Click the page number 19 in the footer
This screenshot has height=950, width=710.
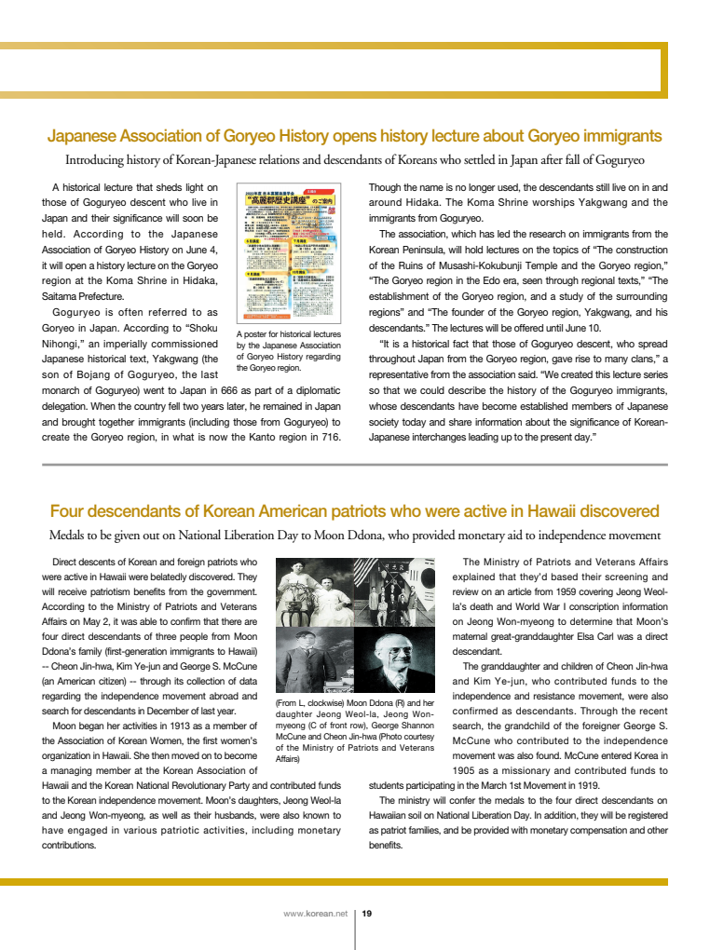(x=367, y=914)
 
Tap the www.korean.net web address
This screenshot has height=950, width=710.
(x=315, y=914)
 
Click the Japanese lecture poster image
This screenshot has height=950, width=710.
(x=290, y=252)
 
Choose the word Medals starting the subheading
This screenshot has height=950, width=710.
(x=69, y=536)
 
